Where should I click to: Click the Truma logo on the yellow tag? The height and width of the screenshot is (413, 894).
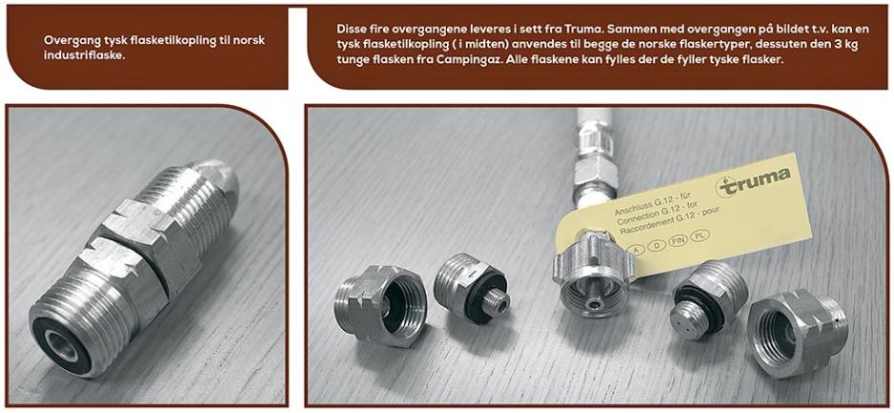[753, 181]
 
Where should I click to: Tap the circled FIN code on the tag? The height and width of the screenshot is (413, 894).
[679, 240]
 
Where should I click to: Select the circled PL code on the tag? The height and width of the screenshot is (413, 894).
[700, 235]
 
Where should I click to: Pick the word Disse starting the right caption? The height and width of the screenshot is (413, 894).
[351, 28]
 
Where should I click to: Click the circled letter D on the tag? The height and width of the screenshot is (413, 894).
[658, 246]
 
